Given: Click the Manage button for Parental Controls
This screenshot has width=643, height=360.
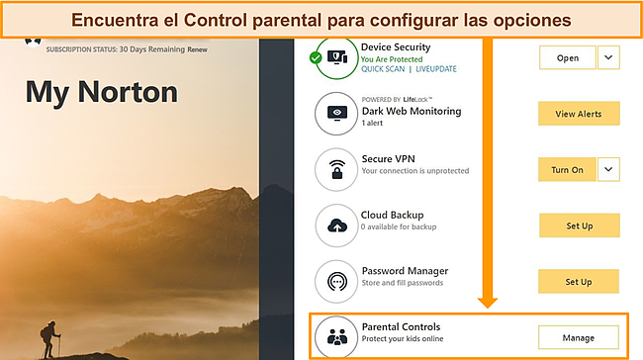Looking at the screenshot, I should point(578,338).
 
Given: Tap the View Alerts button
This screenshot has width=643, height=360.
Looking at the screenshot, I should point(579,114).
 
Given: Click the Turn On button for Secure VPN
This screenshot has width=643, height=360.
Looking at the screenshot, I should point(567,170).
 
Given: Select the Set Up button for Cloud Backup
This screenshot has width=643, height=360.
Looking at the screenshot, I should point(579,226).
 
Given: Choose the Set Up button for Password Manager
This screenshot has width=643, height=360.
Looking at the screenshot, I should point(579,282).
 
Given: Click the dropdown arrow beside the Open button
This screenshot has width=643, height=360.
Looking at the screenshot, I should point(608,58).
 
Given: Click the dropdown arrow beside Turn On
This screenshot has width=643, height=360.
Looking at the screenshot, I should point(608,170).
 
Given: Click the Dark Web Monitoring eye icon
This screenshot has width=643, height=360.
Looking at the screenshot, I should point(338,114).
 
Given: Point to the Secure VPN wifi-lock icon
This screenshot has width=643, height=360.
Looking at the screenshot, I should point(338,169).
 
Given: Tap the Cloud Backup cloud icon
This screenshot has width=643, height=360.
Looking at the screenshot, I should point(338,225).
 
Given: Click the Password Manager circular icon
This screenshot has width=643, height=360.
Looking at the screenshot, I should point(338,281).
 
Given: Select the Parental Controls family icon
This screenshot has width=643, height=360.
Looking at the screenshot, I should point(338,336).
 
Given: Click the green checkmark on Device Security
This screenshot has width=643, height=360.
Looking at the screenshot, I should point(316,58).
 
